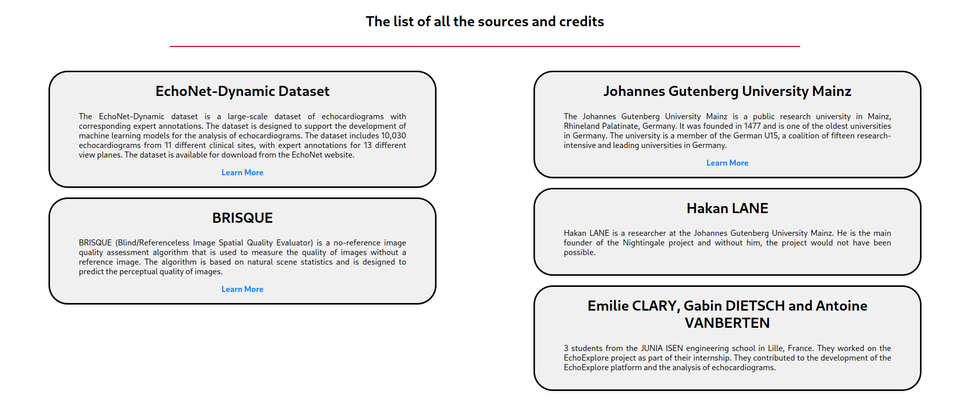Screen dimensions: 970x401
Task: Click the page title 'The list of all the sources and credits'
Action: pos(485,21)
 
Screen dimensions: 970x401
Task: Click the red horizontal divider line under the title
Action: pos(485,46)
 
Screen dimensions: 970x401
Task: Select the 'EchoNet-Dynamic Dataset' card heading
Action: pos(243,91)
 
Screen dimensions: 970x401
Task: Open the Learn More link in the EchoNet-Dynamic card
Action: pos(243,172)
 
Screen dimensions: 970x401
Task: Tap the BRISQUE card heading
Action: pos(243,218)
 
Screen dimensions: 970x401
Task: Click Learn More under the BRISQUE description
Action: pos(243,289)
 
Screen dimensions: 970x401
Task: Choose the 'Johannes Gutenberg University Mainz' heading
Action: pos(727,91)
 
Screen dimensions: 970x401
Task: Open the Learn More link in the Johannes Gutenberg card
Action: pos(727,163)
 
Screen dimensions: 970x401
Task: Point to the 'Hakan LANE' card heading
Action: pos(727,208)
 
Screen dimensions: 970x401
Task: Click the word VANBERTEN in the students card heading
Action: pos(727,323)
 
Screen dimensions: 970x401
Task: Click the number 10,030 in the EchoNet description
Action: pos(394,135)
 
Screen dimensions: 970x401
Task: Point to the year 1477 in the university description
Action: pos(752,126)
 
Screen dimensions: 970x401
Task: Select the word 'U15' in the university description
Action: pos(771,135)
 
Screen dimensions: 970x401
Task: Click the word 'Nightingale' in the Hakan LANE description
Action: pos(644,242)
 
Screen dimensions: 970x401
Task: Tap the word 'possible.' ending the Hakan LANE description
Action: pos(579,252)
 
